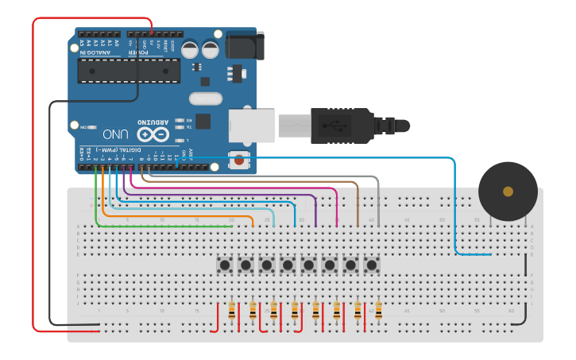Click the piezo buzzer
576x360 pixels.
click(508, 192)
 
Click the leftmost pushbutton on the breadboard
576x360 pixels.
click(225, 264)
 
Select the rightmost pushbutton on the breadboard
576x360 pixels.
click(371, 264)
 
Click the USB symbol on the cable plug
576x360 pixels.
click(334, 125)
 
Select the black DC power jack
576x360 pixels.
click(243, 45)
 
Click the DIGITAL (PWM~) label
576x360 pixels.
click(118, 149)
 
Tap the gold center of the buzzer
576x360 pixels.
click(508, 192)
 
